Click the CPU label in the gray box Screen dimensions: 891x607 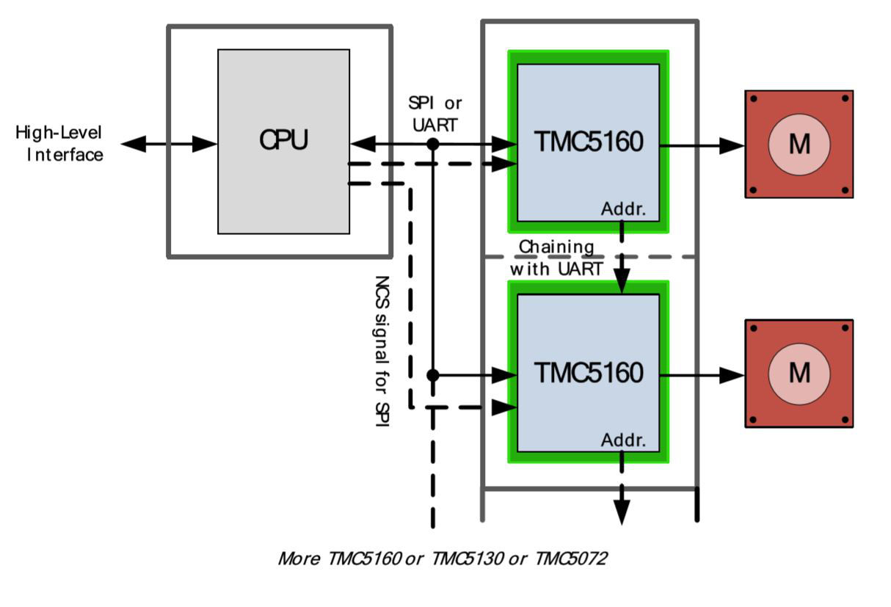[283, 139]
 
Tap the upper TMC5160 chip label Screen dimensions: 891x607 [589, 141]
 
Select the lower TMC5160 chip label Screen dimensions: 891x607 [589, 372]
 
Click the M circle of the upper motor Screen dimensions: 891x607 [799, 145]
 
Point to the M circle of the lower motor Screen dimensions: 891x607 [799, 374]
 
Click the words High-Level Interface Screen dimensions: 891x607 [59, 144]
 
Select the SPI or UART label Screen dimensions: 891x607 [434, 115]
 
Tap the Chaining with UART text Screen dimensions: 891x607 [556, 258]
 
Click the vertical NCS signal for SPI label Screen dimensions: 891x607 [382, 352]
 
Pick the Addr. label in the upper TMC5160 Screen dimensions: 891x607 [623, 209]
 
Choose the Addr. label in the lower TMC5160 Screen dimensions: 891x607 [623, 440]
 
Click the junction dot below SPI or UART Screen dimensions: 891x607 [433, 144]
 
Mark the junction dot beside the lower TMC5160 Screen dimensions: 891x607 [433, 375]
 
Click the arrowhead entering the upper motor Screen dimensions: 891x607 [732, 146]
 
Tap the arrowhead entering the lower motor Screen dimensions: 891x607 [732, 375]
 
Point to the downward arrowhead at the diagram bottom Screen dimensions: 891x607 [622, 512]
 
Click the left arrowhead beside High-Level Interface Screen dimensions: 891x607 [134, 144]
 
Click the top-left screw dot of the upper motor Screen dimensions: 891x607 [753, 98]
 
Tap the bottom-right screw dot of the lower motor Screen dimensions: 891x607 [845, 420]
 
